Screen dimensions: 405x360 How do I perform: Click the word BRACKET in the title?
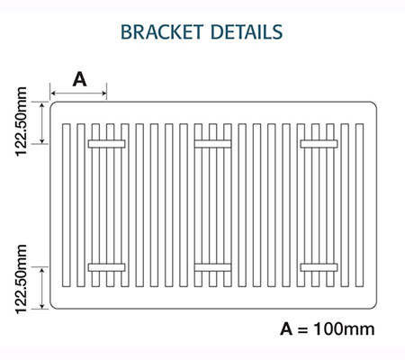162,31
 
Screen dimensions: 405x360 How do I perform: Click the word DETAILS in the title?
247,31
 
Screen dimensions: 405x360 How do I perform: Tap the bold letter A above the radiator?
79,79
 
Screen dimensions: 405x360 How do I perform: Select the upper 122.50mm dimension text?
21,121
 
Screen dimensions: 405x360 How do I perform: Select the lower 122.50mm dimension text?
21,279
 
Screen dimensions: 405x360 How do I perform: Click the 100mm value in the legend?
344,329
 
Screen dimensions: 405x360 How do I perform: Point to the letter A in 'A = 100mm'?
286,329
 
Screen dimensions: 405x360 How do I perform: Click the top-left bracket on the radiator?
106,144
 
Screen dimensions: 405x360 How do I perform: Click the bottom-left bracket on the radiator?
106,267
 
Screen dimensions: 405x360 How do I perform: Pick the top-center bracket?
212,144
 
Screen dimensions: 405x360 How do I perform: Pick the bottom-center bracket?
212,267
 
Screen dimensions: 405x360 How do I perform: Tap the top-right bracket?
319,144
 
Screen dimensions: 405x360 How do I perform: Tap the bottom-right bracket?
319,267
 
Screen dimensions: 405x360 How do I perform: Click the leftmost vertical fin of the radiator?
67,205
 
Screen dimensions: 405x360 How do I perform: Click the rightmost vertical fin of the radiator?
359,205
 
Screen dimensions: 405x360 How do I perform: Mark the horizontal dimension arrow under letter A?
78,94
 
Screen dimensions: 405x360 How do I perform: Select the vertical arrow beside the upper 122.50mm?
42,123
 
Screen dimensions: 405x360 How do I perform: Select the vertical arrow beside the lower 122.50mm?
42,288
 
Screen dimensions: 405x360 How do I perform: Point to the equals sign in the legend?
303,329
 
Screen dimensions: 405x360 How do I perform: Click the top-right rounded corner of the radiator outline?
374,104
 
